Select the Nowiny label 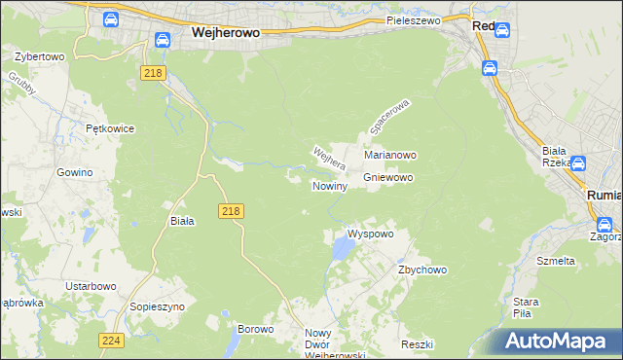point(329,186)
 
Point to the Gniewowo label point(389,178)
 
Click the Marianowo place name point(390,155)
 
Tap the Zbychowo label point(421,270)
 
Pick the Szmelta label point(556,261)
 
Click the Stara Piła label point(527,307)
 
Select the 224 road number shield point(110,340)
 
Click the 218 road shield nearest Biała point(231,211)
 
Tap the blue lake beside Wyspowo point(343,251)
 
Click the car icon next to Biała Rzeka point(578,165)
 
